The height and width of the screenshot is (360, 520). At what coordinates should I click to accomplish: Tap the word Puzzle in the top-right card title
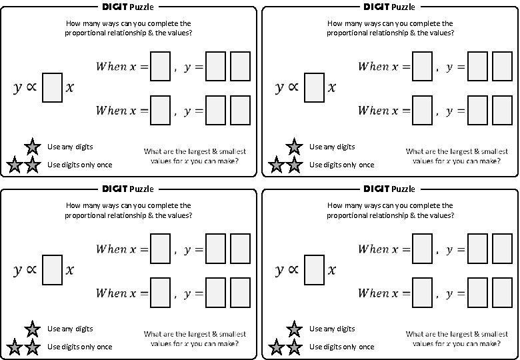coord(403,7)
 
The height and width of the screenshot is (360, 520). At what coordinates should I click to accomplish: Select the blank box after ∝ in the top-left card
coord(52,88)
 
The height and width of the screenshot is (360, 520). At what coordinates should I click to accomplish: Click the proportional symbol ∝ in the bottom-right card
coord(292,270)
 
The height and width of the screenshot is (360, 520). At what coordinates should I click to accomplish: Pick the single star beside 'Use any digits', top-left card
coord(32,147)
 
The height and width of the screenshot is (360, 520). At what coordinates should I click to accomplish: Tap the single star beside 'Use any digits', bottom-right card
coord(294,329)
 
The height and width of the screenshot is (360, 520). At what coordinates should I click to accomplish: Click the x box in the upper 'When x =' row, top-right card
coord(422,66)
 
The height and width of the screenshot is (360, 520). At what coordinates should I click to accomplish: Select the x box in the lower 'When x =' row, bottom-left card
coord(160,293)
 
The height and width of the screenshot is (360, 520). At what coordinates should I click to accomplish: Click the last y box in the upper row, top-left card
coord(240,66)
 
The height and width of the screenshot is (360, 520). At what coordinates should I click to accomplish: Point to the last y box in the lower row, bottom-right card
coord(502,293)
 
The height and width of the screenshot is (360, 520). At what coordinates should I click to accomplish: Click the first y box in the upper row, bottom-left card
coord(215,249)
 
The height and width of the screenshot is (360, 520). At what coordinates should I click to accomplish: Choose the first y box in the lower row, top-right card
coord(477,111)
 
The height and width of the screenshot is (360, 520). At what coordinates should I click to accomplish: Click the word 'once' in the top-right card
coord(367,165)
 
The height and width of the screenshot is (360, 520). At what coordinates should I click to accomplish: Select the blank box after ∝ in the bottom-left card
coord(52,270)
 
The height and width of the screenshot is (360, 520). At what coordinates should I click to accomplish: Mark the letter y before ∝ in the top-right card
coord(279,88)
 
